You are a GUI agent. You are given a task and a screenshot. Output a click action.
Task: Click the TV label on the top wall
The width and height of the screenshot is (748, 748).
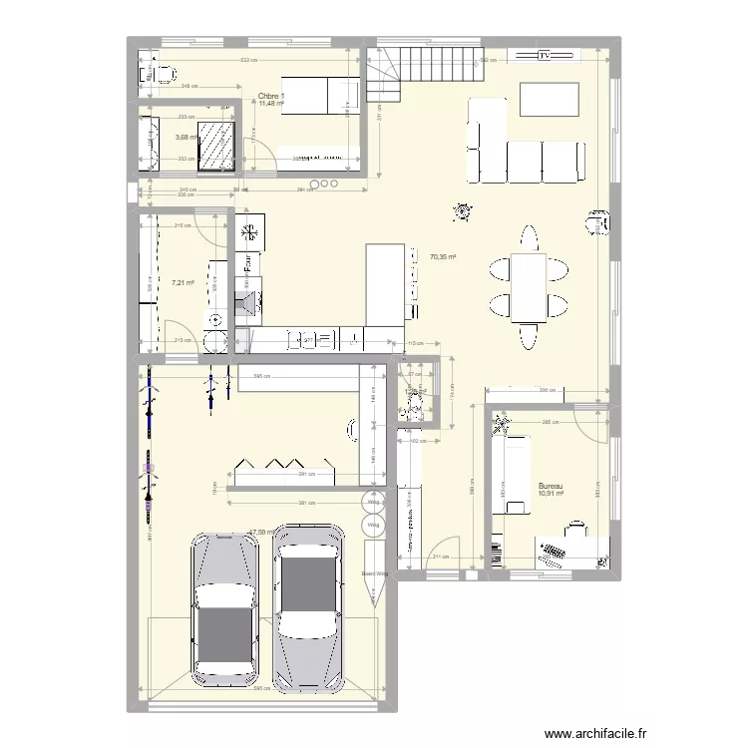coord(545,56)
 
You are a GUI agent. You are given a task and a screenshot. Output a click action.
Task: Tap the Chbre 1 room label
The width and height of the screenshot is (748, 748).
coord(271,97)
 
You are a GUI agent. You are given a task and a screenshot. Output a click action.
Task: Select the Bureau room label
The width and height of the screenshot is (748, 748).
coord(551,484)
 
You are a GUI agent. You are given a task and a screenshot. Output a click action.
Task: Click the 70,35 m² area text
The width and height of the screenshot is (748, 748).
coord(443,257)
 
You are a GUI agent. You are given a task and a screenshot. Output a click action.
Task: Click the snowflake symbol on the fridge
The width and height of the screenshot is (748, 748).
coord(249,233)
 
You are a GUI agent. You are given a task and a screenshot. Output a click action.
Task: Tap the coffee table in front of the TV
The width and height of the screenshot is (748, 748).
coord(548,97)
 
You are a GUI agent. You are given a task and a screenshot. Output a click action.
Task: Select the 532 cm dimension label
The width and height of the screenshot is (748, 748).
coord(244,61)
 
